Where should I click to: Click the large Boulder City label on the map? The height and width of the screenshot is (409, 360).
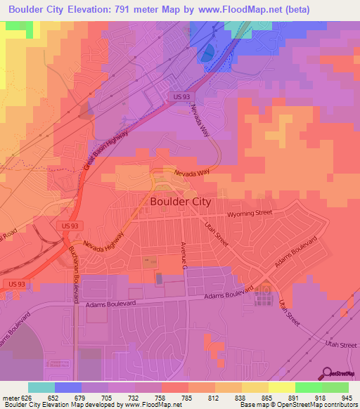point(181,201)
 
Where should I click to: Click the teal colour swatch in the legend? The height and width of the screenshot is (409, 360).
point(41,387)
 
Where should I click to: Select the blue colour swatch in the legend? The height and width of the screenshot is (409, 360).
point(68,387)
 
